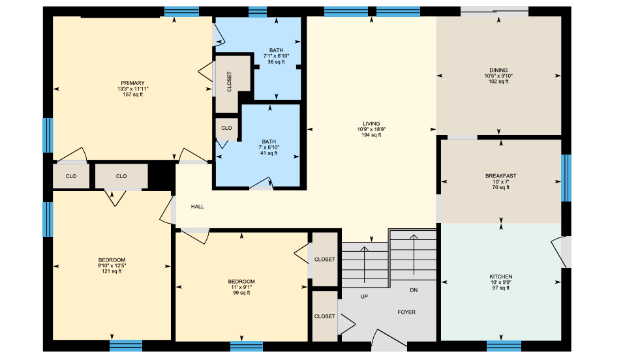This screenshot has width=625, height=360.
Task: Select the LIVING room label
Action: click(x=371, y=123)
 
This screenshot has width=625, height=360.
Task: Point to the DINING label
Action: click(x=498, y=70)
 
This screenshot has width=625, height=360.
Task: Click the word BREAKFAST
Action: click(x=500, y=175)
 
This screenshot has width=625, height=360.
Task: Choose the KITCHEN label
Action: click(x=500, y=277)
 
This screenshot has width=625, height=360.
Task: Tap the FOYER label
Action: click(x=406, y=312)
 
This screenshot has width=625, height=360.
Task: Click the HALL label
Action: click(x=198, y=206)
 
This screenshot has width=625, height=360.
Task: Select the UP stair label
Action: click(x=364, y=296)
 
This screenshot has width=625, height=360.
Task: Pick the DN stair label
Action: click(x=413, y=290)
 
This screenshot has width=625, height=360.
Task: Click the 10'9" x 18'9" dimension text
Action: click(x=371, y=129)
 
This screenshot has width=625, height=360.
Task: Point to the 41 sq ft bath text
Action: click(x=269, y=153)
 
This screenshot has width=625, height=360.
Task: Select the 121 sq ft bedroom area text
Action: click(x=112, y=271)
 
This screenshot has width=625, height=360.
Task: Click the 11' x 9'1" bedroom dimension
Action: click(x=241, y=287)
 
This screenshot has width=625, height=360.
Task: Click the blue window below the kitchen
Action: click(x=504, y=345)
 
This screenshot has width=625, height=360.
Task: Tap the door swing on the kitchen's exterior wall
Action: click(x=559, y=251)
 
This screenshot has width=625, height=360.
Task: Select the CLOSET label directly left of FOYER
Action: click(x=324, y=316)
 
